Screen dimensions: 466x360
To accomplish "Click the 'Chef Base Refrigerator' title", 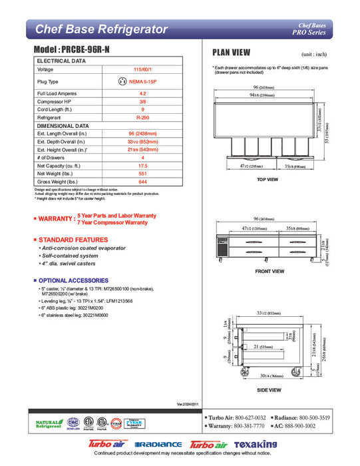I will [x=100, y=29].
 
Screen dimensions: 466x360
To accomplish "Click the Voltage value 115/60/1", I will [x=142, y=69].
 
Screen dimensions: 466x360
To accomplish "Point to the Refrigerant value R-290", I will [x=142, y=116].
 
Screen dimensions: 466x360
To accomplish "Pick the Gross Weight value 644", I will [x=142, y=182].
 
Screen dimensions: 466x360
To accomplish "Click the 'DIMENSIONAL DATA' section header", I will [x=63, y=125].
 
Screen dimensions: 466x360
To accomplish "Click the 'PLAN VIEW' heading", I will [x=231, y=53].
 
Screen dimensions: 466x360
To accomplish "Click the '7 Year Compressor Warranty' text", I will [x=112, y=222].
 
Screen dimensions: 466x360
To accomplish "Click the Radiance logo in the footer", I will [x=158, y=445].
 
